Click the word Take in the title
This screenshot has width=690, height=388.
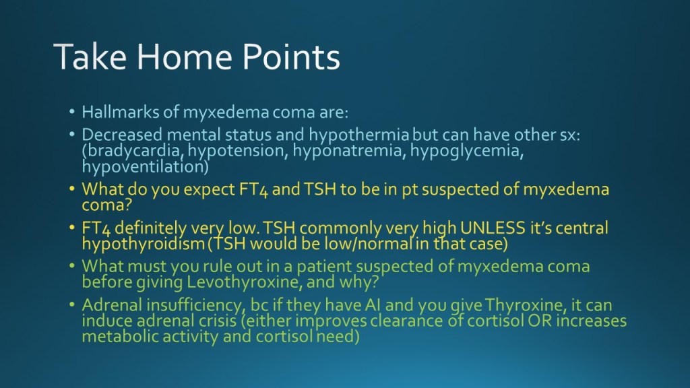tap(90, 57)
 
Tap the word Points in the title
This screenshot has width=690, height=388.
tap(291, 57)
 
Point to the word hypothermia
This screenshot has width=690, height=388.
tap(358, 135)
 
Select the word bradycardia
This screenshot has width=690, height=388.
tap(133, 151)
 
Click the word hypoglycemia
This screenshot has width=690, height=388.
tap(466, 150)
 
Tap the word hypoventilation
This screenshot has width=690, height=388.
tap(146, 167)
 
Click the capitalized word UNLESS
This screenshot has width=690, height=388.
tap(493, 228)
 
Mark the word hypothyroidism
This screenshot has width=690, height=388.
tap(144, 244)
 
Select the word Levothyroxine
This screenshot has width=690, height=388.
tap(245, 282)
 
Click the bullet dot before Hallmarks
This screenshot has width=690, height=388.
tap(72, 112)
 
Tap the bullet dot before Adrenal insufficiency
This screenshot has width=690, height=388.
tap(72, 304)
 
